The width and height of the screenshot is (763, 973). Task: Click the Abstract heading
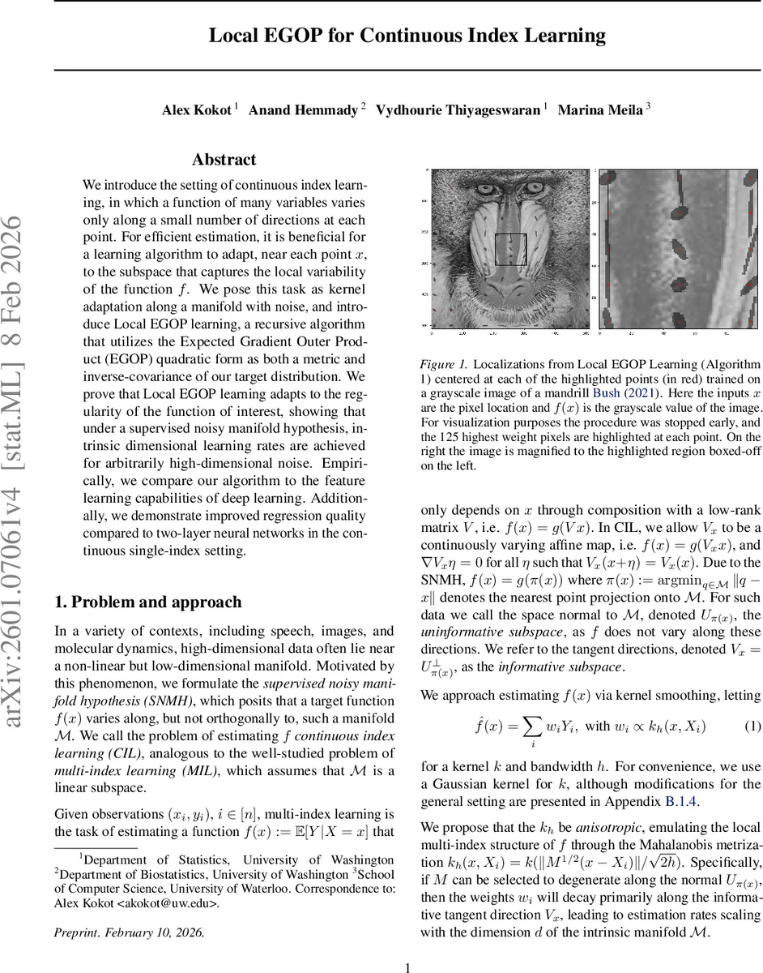[x=224, y=160]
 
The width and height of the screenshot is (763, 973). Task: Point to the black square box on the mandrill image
[x=510, y=249]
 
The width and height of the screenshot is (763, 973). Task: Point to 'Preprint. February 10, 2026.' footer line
[x=129, y=932]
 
